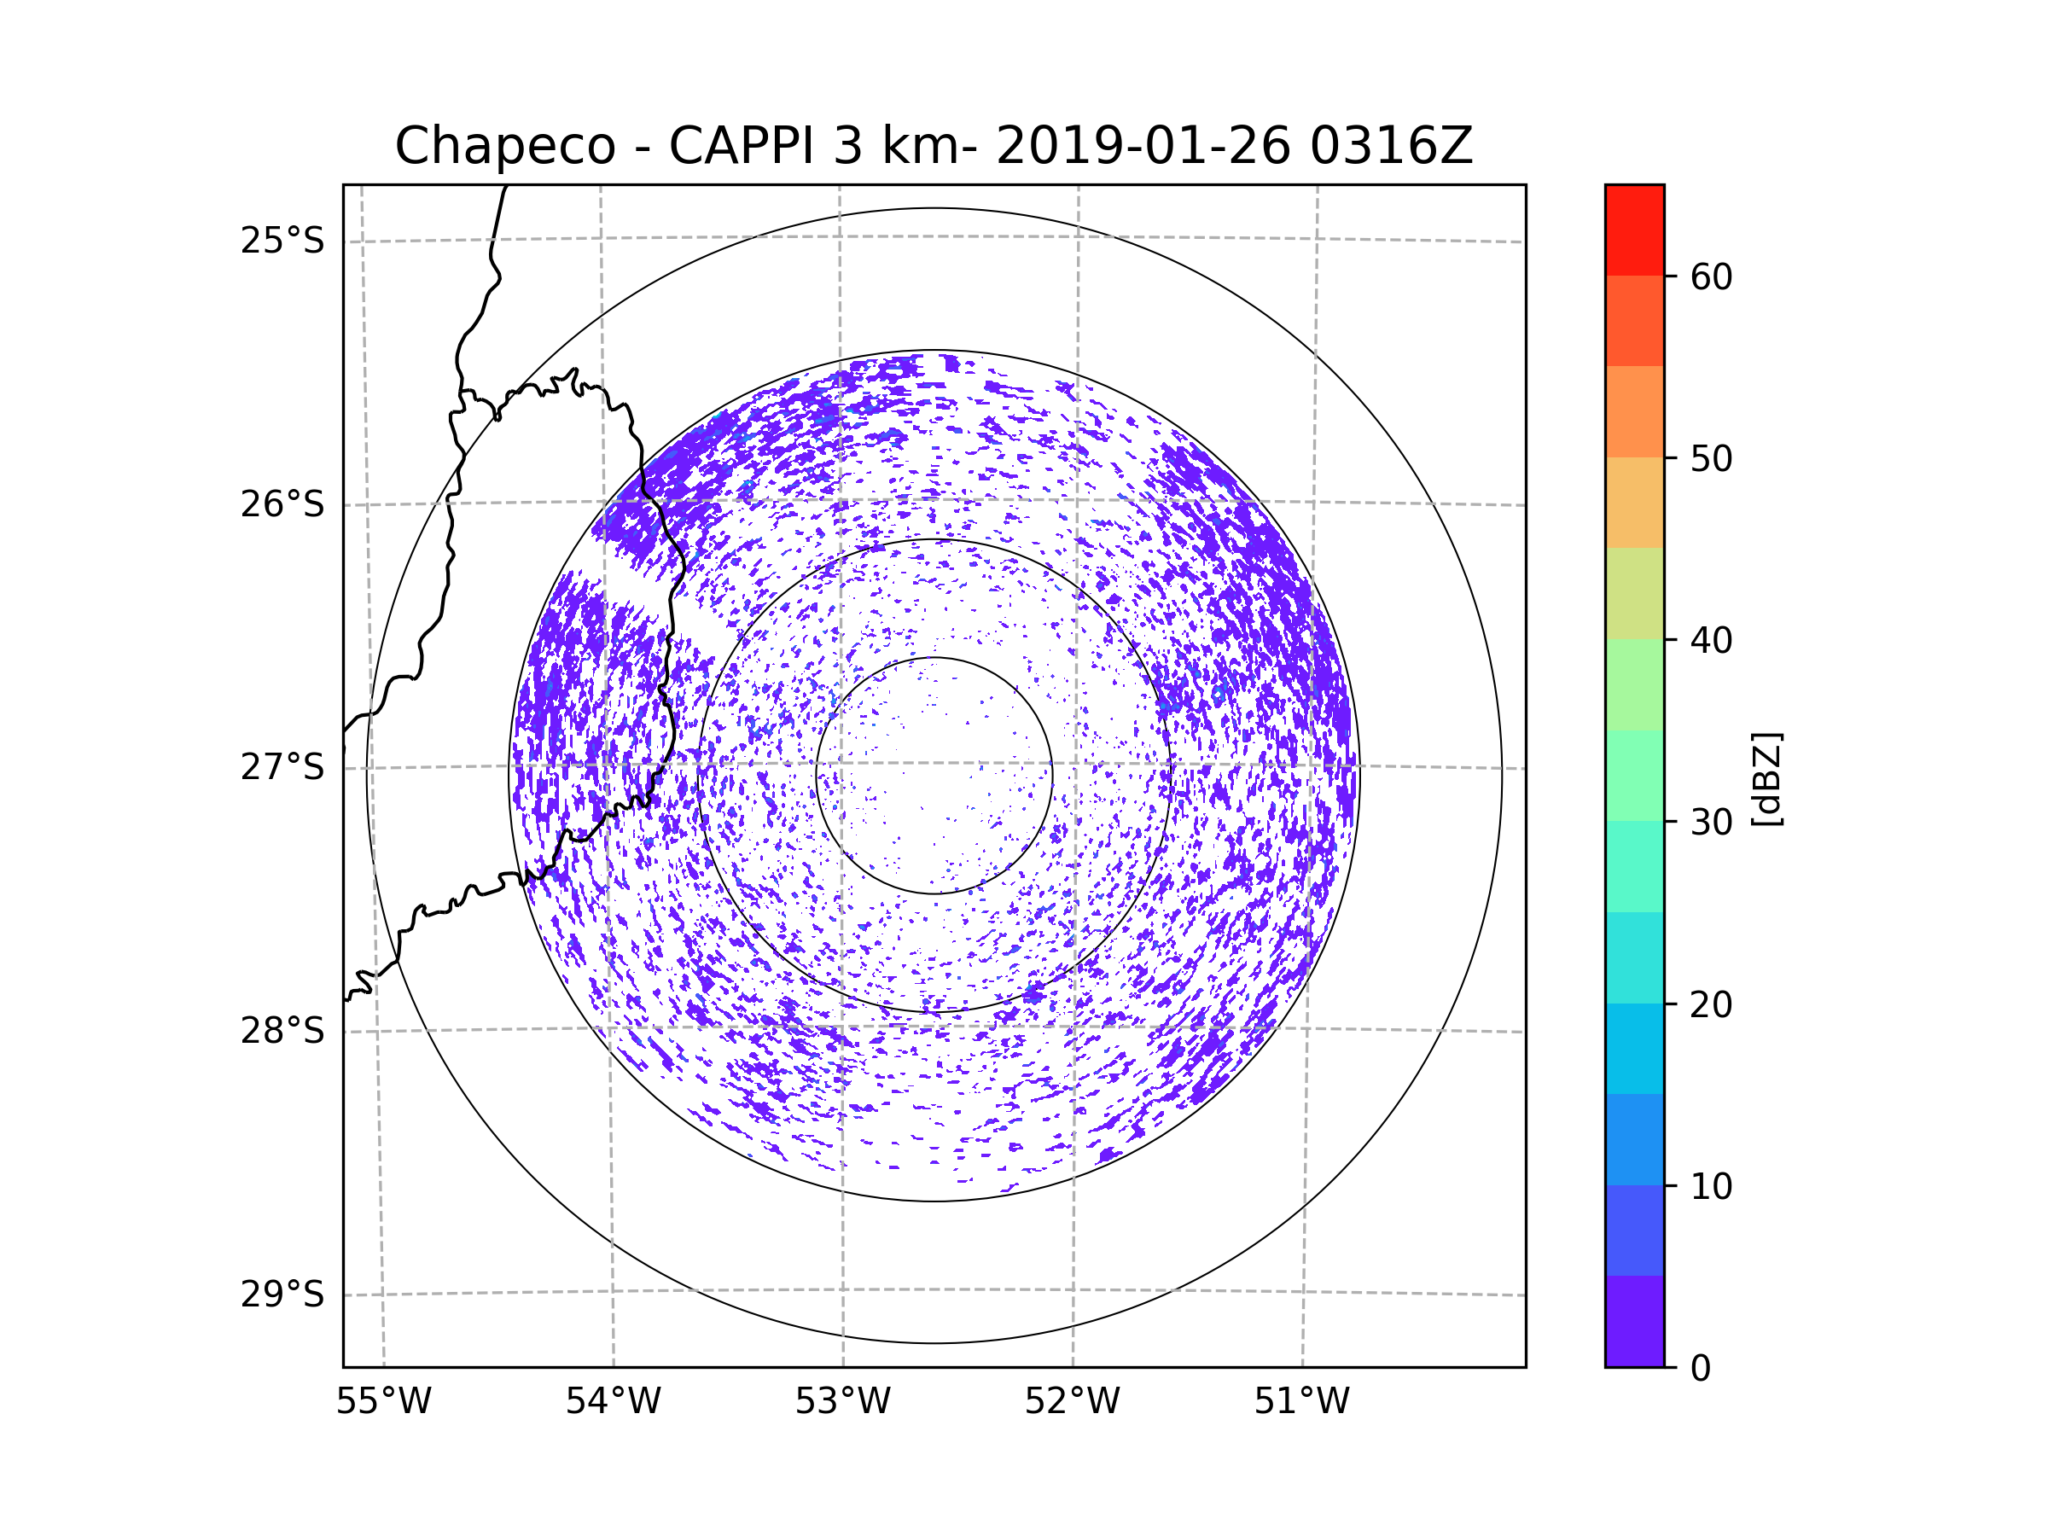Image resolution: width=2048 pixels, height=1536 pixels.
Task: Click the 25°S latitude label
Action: tap(282, 241)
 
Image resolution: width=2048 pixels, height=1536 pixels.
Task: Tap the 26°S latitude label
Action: tap(282, 504)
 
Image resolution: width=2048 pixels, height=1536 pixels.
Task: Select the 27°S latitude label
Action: tap(282, 767)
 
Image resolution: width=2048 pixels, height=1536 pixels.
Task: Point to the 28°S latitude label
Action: tap(282, 1031)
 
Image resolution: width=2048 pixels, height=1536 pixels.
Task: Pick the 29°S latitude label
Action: tap(282, 1295)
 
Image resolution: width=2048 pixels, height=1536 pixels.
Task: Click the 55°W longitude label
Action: tap(383, 1402)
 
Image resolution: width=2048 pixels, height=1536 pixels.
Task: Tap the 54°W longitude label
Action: tap(613, 1402)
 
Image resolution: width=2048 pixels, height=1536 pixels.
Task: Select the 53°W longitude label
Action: tap(842, 1402)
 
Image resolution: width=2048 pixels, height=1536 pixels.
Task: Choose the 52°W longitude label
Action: tap(1072, 1402)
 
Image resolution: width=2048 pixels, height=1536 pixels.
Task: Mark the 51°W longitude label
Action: tap(1301, 1402)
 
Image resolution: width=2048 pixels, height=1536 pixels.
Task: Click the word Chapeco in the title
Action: tap(504, 146)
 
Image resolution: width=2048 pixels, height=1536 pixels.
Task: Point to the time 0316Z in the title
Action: tap(1391, 146)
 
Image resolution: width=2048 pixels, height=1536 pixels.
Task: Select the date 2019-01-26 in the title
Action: tap(1143, 146)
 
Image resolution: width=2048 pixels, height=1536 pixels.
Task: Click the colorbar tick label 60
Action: tap(1711, 276)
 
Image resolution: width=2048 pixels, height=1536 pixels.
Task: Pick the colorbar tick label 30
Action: tap(1711, 822)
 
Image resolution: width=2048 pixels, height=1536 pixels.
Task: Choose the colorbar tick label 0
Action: tap(1701, 1369)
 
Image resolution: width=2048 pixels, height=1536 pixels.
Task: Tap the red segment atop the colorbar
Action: tap(1634, 230)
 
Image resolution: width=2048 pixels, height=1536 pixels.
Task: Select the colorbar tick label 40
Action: tap(1711, 641)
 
